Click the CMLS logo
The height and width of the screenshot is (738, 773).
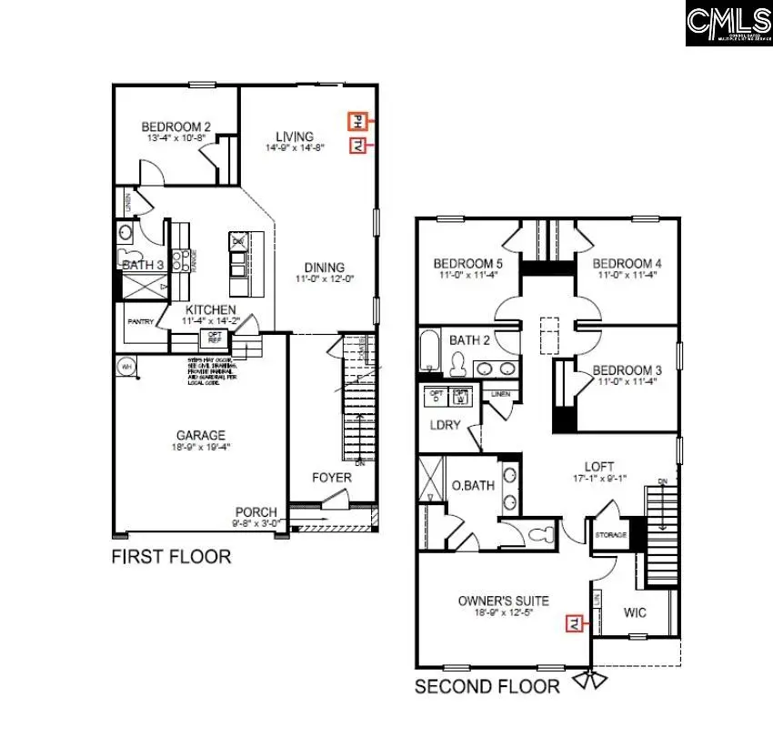[728, 24]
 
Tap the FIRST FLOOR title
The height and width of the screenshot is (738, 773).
[171, 556]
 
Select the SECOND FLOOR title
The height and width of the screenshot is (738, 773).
[487, 686]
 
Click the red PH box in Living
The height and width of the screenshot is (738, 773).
[357, 120]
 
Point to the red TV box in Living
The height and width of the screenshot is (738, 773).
[357, 146]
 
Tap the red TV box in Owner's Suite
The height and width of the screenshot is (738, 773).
[575, 622]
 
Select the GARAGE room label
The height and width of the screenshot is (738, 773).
[201, 436]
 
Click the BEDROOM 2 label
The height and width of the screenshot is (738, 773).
[176, 126]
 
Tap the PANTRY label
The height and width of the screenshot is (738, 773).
[139, 321]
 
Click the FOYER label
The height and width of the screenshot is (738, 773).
[332, 477]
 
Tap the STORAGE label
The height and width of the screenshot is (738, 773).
[610, 535]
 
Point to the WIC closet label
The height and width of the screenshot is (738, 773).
[635, 612]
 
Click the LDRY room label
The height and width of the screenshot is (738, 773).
[447, 424]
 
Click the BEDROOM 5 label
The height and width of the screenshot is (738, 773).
[468, 264]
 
